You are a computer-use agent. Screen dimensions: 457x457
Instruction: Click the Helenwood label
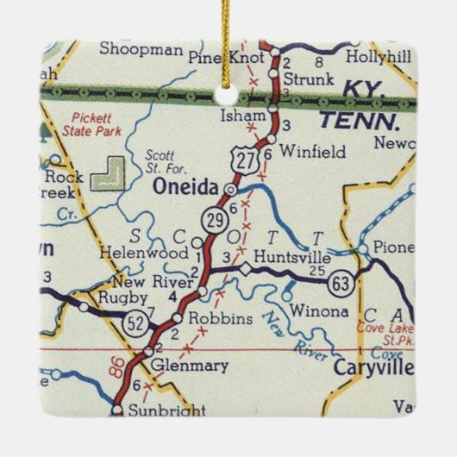(155, 254)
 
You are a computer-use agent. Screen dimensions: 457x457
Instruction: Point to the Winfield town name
(311, 153)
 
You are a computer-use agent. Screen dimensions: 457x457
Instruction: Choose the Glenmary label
(189, 366)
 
